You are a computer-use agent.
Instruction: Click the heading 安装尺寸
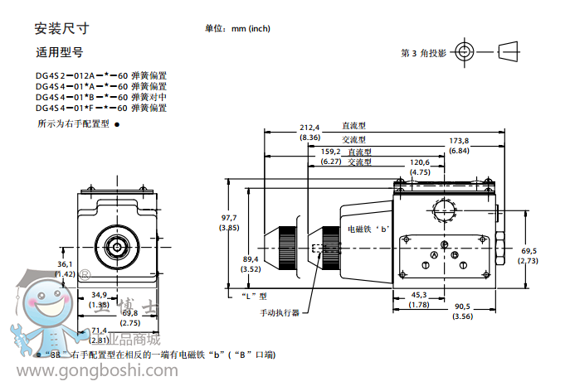pyautogui.click(x=61, y=28)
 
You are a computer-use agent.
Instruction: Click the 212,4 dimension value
pyautogui.click(x=309, y=128)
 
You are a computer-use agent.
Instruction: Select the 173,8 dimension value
pyautogui.click(x=459, y=141)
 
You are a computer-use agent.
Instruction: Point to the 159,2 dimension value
pyautogui.click(x=331, y=152)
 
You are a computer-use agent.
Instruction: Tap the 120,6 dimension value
pyautogui.click(x=420, y=162)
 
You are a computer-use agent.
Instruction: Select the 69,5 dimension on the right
pyautogui.click(x=529, y=250)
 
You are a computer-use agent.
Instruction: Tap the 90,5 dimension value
pyautogui.click(x=462, y=306)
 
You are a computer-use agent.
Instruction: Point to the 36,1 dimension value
pyautogui.click(x=66, y=263)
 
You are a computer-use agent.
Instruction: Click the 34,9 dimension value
pyautogui.click(x=100, y=294)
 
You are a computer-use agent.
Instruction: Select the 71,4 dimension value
pyautogui.click(x=100, y=331)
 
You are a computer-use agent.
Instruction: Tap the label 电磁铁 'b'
pyautogui.click(x=367, y=229)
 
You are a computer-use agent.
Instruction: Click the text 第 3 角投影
pyautogui.click(x=423, y=52)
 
